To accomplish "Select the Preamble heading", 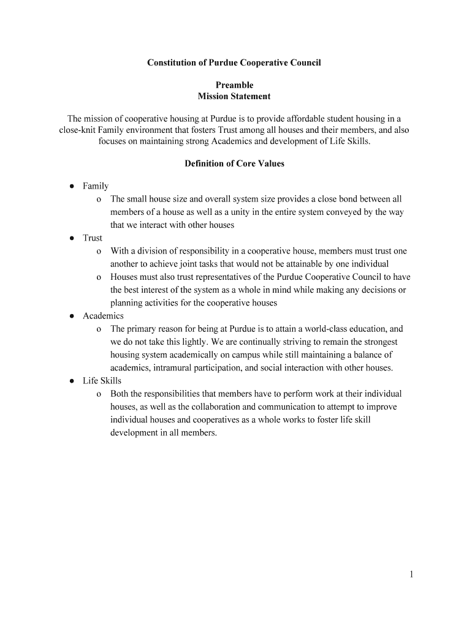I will pos(234,85).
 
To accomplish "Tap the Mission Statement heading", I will pos(234,96).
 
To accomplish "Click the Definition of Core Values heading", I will pos(234,163).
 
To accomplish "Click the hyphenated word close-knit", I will pos(77,130).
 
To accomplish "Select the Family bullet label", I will pos(96,186).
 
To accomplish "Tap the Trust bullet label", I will pos(93,238).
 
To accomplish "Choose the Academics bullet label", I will pos(103,316).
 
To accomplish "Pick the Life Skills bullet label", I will pos(102,381).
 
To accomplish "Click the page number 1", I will pos(412,574).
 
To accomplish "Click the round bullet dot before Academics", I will pos(72,316).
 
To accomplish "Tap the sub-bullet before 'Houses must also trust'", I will pos(99,277).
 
